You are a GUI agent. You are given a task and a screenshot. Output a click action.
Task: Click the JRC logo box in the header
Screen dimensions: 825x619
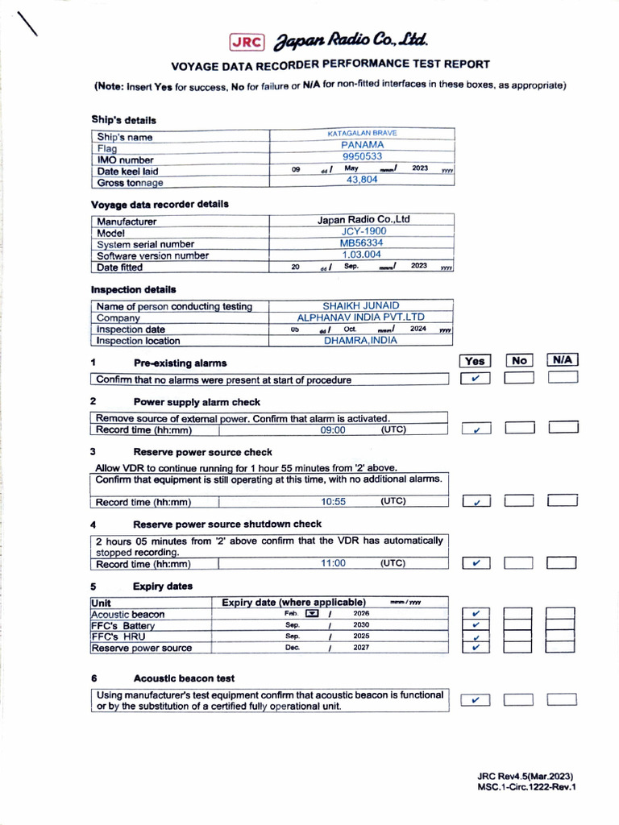tap(247, 43)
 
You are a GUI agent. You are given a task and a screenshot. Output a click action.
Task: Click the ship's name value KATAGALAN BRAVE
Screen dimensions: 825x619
tap(362, 133)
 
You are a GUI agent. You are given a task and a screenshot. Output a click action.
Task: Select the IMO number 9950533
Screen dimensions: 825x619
tap(362, 156)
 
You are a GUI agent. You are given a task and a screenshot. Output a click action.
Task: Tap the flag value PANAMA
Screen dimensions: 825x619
tap(362, 145)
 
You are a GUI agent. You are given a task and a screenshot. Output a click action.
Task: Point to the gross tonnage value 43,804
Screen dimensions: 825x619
tap(362, 180)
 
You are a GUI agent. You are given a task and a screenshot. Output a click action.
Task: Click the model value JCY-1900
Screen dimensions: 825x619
tap(364, 231)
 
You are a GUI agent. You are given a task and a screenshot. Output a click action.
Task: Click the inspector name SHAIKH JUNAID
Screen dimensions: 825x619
tap(360, 306)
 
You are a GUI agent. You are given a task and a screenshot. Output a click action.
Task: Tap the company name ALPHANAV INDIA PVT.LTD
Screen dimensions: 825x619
tap(360, 317)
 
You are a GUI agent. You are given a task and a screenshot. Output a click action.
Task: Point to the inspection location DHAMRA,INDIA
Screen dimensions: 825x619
tap(360, 340)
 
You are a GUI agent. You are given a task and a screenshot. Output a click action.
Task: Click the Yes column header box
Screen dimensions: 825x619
tap(476, 361)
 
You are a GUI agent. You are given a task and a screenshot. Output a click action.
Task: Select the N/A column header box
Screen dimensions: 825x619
tap(563, 360)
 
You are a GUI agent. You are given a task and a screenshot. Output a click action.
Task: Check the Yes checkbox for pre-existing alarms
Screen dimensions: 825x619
tap(476, 379)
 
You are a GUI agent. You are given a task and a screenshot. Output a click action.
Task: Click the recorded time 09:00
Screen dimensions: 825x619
tap(333, 430)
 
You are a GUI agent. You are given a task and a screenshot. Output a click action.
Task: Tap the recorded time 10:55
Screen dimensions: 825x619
tap(333, 501)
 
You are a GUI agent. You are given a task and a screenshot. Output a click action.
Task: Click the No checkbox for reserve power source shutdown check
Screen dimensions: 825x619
tap(519, 563)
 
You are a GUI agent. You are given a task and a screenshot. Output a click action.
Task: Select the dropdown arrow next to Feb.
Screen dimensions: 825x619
tap(312, 614)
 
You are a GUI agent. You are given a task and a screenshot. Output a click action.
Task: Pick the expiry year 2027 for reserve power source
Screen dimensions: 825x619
tap(361, 647)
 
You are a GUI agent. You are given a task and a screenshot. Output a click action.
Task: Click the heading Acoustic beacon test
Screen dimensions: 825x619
tap(184, 678)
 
